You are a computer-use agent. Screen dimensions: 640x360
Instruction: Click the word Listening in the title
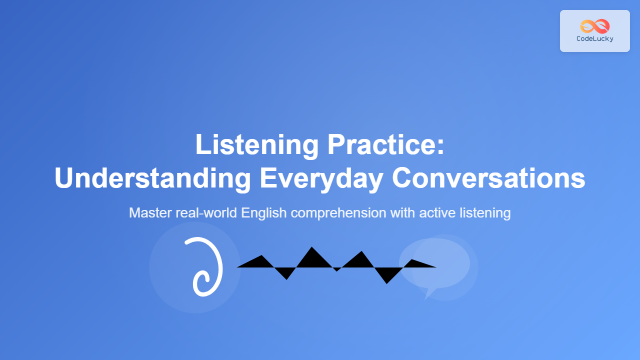point(257,145)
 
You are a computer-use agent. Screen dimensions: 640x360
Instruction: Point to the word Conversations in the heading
point(488,177)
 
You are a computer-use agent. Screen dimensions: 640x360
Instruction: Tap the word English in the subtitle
point(263,213)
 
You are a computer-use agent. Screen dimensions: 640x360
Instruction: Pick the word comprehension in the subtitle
point(338,213)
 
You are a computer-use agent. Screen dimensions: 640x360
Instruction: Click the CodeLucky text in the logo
point(595,39)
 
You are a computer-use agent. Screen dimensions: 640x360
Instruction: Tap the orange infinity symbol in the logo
point(595,26)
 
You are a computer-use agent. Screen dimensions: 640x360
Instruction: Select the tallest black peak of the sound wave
point(311,257)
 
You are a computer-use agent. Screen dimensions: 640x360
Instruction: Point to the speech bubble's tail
point(429,293)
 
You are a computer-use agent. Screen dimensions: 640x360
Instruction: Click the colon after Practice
point(440,145)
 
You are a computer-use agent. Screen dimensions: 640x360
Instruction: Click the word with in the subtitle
point(403,213)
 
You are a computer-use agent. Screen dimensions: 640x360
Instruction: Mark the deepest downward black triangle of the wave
point(387,275)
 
